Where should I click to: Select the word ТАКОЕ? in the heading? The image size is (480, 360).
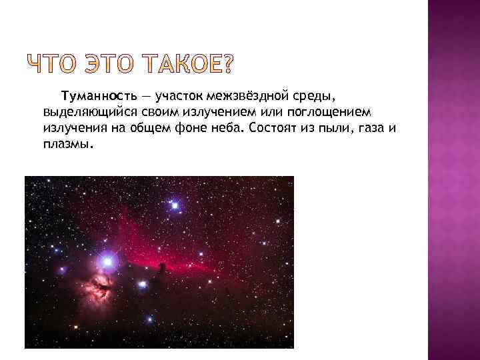(187, 65)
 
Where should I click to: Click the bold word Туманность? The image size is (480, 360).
(90, 98)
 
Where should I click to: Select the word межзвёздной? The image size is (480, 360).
(246, 98)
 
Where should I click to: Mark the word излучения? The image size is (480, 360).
(71, 128)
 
